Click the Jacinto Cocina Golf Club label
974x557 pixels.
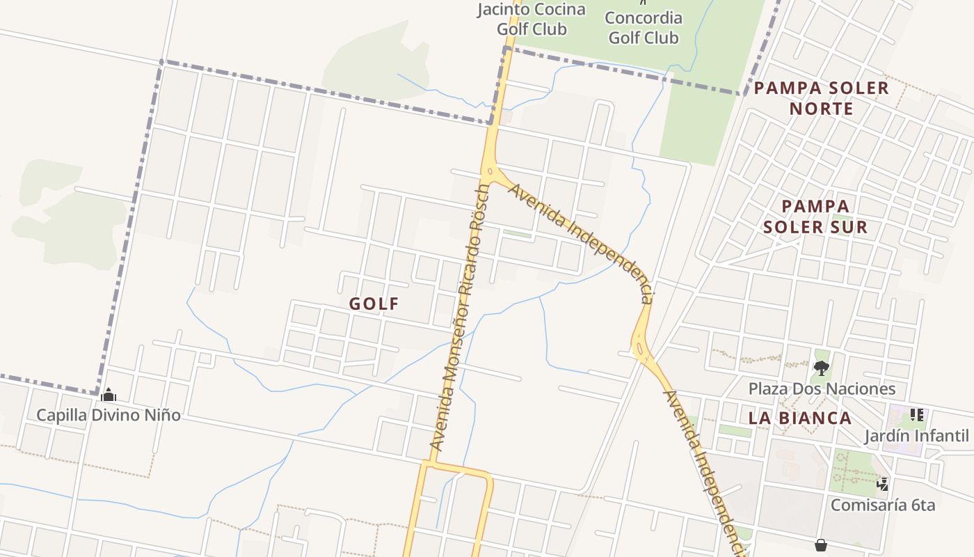coord(532,19)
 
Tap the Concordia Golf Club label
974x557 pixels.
coord(644,27)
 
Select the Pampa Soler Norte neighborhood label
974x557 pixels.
coord(822,98)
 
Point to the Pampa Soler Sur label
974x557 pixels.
coord(815,217)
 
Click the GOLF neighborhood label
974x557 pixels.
coord(374,304)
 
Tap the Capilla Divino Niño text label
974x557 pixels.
coord(109,415)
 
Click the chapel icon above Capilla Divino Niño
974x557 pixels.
coord(109,395)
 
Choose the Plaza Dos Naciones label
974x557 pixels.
coord(822,389)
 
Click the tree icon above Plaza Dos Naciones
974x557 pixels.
coord(822,368)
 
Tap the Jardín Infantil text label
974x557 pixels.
coord(916,436)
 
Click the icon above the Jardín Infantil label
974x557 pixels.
coord(917,415)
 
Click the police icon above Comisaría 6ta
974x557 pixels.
coord(883,483)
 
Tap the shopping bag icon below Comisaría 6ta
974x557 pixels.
coord(821,544)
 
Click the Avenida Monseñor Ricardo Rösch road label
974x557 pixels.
coord(460,317)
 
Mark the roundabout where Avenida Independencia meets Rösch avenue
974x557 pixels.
coord(490,171)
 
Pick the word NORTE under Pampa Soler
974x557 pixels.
coord(822,109)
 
